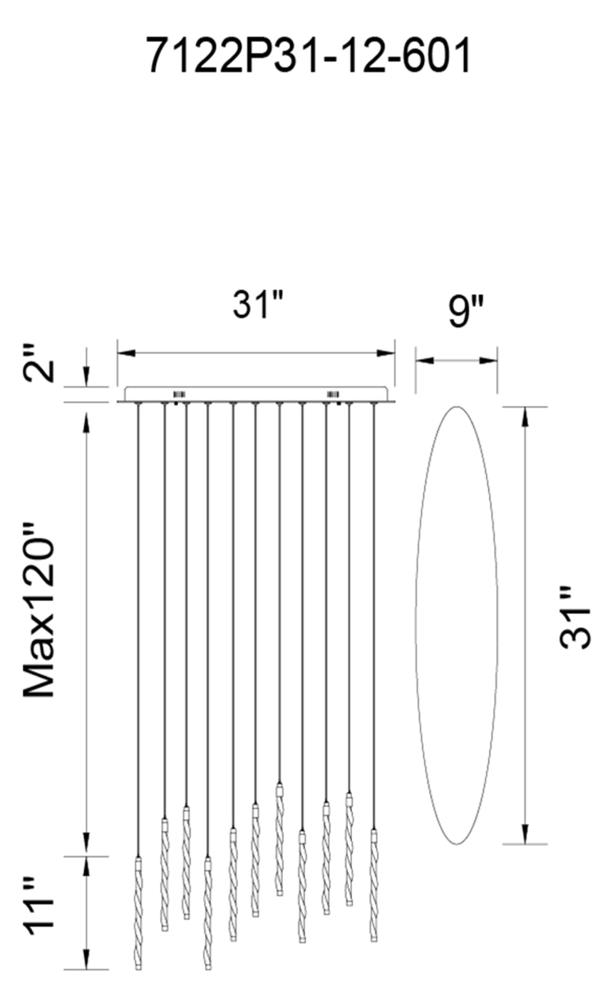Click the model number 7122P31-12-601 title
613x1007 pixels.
pos(309,56)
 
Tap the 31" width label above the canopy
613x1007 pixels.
pos(259,304)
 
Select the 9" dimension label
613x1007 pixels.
pos(465,311)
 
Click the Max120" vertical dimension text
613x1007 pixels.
pos(38,610)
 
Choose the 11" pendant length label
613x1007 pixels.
pos(40,904)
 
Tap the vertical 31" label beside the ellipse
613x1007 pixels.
pos(575,617)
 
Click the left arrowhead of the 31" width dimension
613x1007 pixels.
pos(126,353)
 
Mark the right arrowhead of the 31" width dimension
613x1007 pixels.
pos(386,353)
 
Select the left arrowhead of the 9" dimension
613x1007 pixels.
pos(424,360)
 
